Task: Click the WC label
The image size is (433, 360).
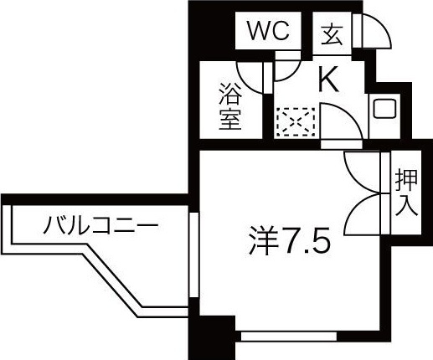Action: [268, 31]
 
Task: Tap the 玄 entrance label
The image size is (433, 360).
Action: [332, 35]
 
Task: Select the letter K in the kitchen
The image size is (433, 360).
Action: [328, 79]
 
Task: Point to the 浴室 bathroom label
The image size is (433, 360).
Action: [230, 106]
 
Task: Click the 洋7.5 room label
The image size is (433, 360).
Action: [290, 240]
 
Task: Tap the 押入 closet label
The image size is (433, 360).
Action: [406, 193]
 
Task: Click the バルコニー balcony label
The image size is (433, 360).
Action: [101, 225]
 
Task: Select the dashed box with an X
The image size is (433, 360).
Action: [296, 122]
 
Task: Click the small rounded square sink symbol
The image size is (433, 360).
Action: [384, 108]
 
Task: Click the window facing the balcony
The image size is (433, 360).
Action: [193, 255]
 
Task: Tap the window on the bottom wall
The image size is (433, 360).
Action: [289, 337]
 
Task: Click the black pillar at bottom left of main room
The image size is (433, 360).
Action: [212, 337]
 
